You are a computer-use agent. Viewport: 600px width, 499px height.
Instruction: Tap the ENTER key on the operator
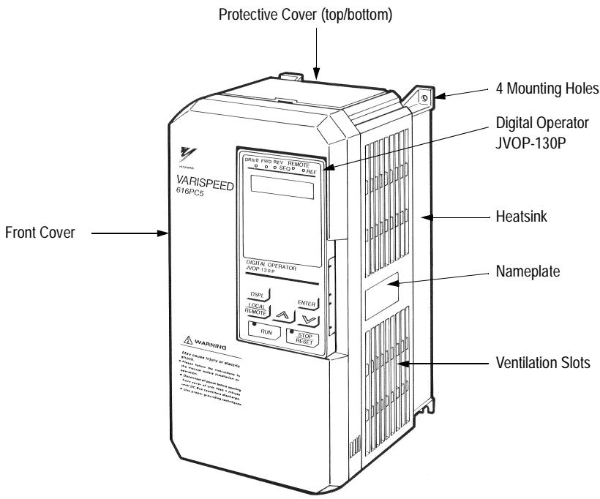coord(308,302)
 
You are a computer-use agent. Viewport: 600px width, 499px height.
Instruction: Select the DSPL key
coord(258,294)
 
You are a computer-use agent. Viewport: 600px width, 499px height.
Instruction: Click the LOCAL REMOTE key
coord(257,309)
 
